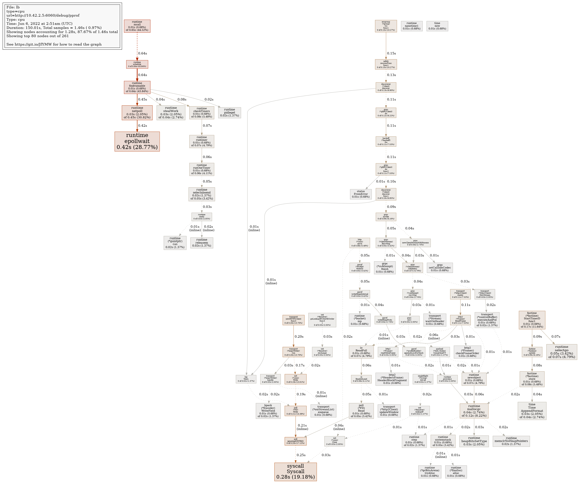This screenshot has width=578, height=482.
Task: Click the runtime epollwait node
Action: coord(137,141)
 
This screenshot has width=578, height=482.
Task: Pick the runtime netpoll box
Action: coord(137,113)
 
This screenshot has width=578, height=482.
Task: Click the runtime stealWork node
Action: coord(171,113)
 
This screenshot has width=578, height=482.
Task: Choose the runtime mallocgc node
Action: coord(474,411)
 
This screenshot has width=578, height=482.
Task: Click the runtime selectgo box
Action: coord(562,352)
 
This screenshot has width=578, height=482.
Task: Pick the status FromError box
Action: coord(361,194)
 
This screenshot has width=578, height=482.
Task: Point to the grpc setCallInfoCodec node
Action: coord(440,268)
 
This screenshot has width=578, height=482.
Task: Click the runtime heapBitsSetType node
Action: coord(474,441)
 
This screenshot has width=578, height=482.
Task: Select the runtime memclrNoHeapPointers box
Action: coord(511,441)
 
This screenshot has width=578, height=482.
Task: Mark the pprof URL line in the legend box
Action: coord(43,15)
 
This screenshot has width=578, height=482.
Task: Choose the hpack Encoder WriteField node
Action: coord(268,411)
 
